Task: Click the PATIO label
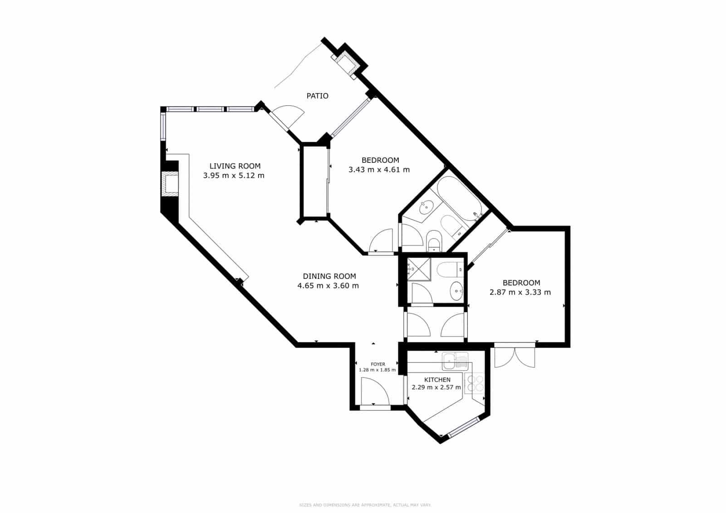[x=317, y=96]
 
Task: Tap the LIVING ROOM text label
[x=235, y=166]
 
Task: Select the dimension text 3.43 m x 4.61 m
[x=379, y=170]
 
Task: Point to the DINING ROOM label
[x=329, y=276]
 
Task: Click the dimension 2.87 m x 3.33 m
[x=520, y=292]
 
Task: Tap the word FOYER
[x=378, y=364]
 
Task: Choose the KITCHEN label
[x=437, y=380]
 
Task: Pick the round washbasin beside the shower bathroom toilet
[x=456, y=290]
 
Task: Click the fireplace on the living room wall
[x=171, y=184]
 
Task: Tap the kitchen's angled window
[x=463, y=428]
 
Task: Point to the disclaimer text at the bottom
[x=365, y=505]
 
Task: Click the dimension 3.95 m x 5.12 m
[x=233, y=176]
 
